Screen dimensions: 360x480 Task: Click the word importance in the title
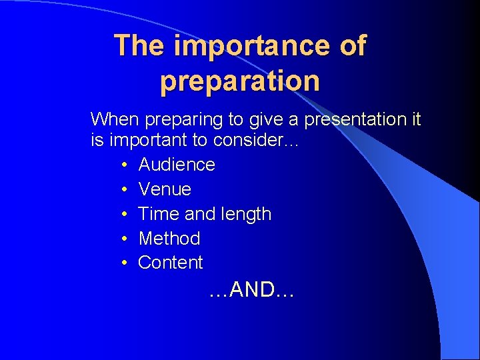click(x=251, y=46)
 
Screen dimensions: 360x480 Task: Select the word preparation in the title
click(x=240, y=81)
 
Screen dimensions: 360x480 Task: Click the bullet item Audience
click(x=177, y=165)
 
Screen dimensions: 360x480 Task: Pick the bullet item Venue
click(x=165, y=189)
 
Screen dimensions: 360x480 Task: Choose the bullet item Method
click(x=169, y=238)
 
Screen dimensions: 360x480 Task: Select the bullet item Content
click(x=170, y=263)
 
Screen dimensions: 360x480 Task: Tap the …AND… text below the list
click(x=251, y=290)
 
